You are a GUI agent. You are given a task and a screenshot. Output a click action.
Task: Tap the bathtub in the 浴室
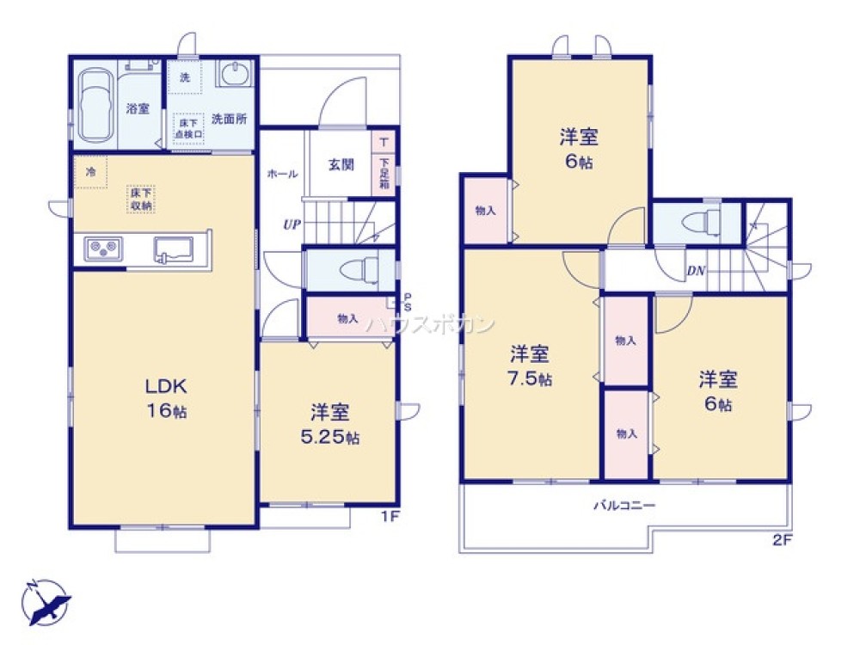[x=95, y=108]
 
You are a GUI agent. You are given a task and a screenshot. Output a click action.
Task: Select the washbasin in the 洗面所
[x=232, y=76]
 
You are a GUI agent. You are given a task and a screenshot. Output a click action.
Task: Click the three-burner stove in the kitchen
[x=102, y=250]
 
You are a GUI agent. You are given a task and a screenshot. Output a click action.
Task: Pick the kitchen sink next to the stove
[x=175, y=249]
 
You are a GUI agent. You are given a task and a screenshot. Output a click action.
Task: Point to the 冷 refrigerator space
[x=90, y=171]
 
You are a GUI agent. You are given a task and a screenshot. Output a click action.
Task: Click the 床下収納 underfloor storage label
[x=142, y=200]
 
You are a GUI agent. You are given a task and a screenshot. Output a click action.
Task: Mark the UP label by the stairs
[x=292, y=225]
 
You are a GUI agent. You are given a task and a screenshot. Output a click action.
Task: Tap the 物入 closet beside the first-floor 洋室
[x=348, y=319]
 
